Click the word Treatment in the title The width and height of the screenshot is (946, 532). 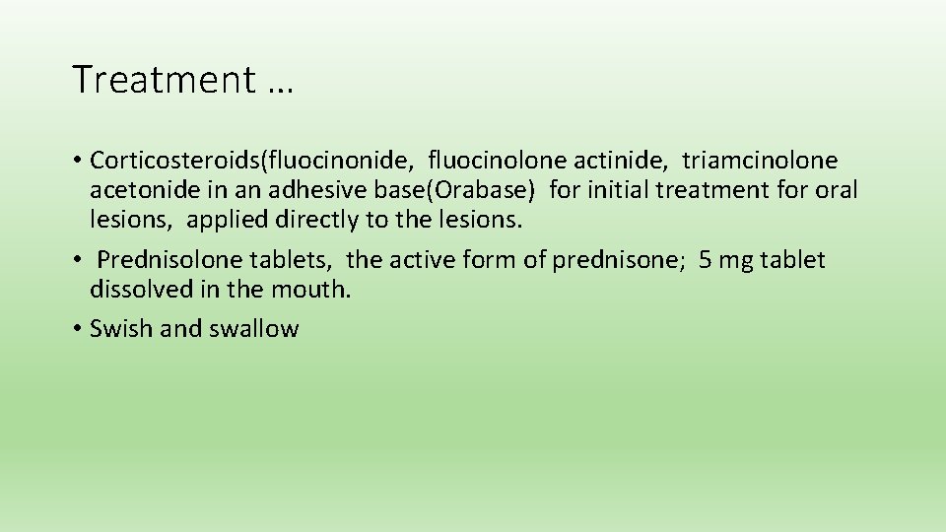(x=164, y=80)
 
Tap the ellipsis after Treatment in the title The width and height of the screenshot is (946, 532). (x=279, y=83)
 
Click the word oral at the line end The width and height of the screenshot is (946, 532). (x=838, y=189)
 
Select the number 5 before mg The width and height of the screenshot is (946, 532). (x=704, y=260)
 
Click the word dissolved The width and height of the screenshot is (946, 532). (x=138, y=290)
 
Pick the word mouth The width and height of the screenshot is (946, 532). (x=316, y=290)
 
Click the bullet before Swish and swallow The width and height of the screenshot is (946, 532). (x=77, y=329)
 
